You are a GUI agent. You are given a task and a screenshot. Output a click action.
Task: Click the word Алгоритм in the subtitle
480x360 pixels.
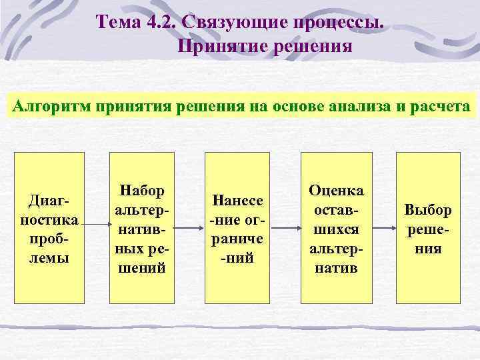pos(52,107)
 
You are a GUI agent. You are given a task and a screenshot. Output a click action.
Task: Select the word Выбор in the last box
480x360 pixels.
pos(427,210)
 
